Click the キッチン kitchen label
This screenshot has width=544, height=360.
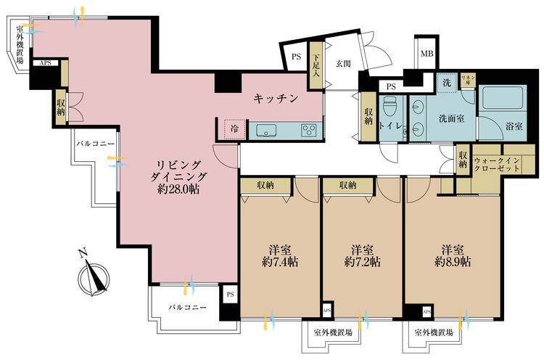click(276, 99)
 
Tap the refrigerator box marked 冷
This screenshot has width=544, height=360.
click(235, 128)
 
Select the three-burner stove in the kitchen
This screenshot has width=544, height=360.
click(309, 130)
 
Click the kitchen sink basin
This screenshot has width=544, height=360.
click(266, 131)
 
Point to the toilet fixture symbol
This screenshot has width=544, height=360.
click(390, 108)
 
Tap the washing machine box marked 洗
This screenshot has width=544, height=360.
click(447, 83)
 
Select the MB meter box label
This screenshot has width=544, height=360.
click(426, 54)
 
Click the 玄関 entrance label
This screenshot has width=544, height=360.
click(343, 64)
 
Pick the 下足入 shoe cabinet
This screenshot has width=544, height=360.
click(316, 65)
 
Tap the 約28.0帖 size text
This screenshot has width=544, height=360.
click(178, 189)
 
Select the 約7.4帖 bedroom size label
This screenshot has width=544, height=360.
click(280, 262)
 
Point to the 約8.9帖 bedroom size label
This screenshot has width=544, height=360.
click(453, 262)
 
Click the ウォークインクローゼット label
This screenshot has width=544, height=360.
click(496, 165)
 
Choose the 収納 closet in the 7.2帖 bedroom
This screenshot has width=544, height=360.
click(348, 186)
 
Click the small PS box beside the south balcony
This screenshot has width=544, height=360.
click(231, 295)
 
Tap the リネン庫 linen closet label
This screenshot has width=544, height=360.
click(468, 80)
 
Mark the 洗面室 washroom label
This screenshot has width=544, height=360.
click(452, 119)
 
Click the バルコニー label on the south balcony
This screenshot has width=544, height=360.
click(188, 307)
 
